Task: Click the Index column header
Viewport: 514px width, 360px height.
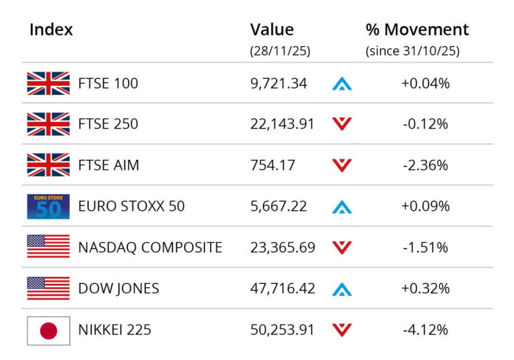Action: coord(51,30)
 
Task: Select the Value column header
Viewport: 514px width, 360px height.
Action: coord(272,30)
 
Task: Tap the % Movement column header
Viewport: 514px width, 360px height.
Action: coord(417,30)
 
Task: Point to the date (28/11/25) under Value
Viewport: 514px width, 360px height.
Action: coord(280,51)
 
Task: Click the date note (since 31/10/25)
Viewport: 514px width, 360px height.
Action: coord(412,51)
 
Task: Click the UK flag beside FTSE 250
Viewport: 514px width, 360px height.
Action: coord(48,124)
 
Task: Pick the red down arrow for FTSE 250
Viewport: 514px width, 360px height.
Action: coord(342,124)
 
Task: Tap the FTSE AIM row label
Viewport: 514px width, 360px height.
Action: coord(108,165)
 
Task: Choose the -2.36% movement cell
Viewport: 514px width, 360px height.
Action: coord(425,165)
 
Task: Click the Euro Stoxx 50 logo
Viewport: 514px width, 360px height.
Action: coord(48,206)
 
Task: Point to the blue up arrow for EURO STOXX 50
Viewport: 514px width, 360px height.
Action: coord(342,206)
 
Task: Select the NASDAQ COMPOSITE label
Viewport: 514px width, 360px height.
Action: coord(150,247)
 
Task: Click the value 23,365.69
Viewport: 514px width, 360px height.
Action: coord(282,247)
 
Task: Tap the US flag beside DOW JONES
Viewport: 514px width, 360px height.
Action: coord(48,288)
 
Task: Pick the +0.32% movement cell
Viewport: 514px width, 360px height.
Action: coord(425,288)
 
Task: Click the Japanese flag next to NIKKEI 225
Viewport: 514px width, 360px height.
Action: coord(48,330)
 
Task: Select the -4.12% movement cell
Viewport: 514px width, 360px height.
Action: coord(425,330)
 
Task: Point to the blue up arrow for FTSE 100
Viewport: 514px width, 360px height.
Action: coord(342,84)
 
